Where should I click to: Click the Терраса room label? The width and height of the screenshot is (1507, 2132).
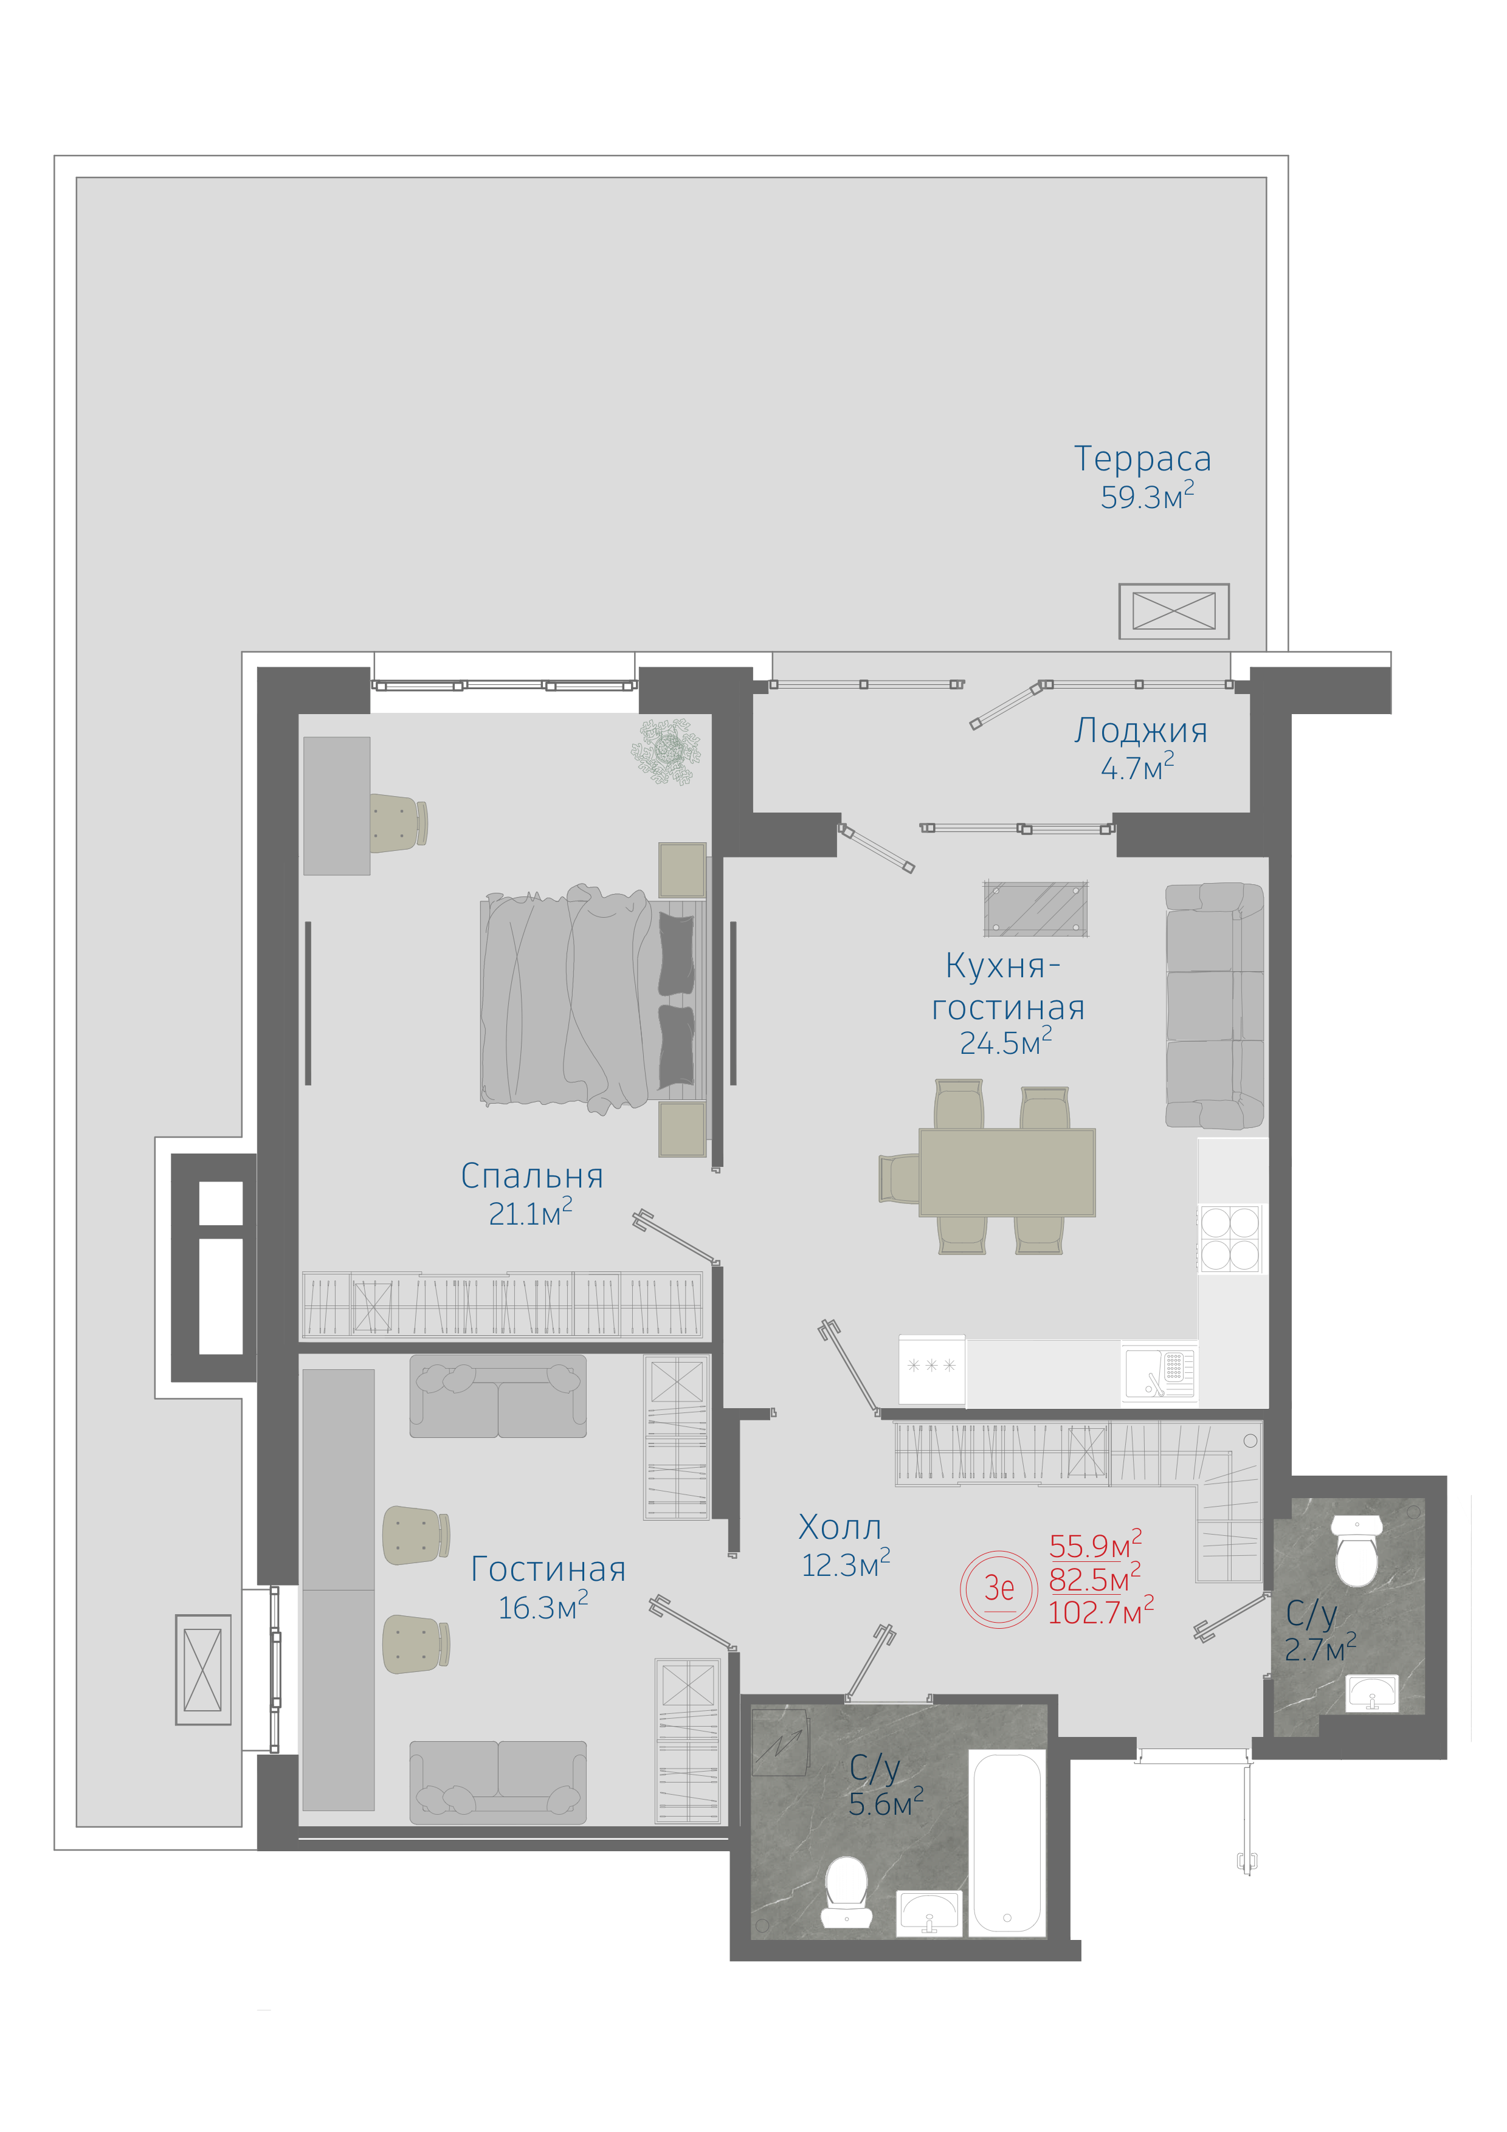1142,459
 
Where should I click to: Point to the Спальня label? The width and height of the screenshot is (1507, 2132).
532,1177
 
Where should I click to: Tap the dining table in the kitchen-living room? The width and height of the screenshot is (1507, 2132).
1007,1172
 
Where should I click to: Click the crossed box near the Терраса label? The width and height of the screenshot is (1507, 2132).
1174,611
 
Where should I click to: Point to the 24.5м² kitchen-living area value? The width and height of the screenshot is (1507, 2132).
1005,1041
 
